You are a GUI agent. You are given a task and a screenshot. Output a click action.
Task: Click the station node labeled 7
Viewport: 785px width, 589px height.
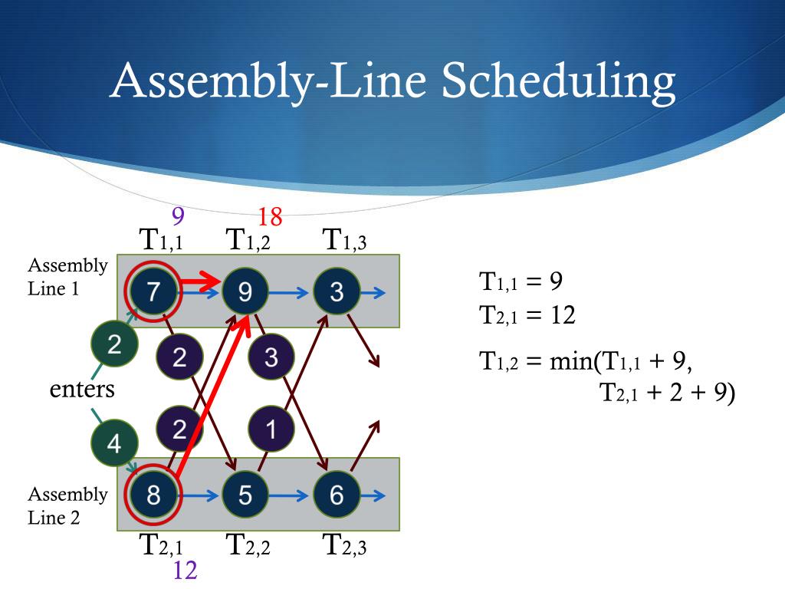153,291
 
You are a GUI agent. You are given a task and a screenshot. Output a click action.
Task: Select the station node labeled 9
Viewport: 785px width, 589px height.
245,291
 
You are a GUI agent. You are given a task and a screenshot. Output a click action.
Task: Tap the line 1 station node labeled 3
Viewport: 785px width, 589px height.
337,291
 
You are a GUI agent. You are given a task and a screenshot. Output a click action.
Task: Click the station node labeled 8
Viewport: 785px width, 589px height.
153,495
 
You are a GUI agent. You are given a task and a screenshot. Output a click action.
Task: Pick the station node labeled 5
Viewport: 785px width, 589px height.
245,495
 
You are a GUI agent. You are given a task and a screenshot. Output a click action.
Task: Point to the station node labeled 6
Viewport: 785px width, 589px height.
337,495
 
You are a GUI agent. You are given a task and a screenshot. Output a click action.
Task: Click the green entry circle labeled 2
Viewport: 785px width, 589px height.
114,345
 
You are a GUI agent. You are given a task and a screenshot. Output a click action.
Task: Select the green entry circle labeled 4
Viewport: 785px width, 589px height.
114,443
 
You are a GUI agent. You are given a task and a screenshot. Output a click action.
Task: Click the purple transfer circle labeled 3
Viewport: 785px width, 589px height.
271,358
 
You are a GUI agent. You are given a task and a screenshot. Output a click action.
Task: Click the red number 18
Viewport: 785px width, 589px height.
270,218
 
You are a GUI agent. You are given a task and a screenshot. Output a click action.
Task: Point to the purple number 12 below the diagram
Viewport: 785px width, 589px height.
185,571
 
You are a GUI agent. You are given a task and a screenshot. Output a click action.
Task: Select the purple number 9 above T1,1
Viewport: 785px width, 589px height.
178,217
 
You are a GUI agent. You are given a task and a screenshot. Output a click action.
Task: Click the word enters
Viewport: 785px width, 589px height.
82,390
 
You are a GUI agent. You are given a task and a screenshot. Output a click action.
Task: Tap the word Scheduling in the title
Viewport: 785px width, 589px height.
560,81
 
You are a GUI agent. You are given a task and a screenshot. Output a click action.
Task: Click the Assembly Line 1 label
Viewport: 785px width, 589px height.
67,278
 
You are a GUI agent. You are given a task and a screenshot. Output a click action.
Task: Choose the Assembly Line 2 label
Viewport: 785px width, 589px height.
67,506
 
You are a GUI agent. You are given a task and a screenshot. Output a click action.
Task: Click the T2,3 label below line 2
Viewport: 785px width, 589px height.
344,546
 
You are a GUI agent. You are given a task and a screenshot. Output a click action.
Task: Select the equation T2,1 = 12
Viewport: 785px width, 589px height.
527,315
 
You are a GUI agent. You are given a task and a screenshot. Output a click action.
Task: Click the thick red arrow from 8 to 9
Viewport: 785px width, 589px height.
211,399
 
